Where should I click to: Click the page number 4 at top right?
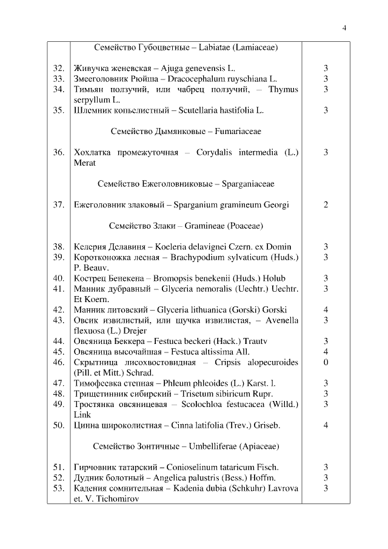344,27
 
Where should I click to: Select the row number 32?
58,69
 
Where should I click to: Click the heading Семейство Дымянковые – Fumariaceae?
186,131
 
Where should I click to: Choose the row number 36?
58,152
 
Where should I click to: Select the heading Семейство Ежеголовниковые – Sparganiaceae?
186,183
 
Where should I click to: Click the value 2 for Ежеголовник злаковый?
326,204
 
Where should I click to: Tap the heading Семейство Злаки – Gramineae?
186,226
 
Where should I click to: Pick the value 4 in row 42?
326,309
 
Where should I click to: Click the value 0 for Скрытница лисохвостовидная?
326,362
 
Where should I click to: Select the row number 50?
58,425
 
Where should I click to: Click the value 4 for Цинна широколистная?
326,425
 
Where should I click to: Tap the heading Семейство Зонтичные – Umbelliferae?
186,446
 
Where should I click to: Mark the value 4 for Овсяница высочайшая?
326,351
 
